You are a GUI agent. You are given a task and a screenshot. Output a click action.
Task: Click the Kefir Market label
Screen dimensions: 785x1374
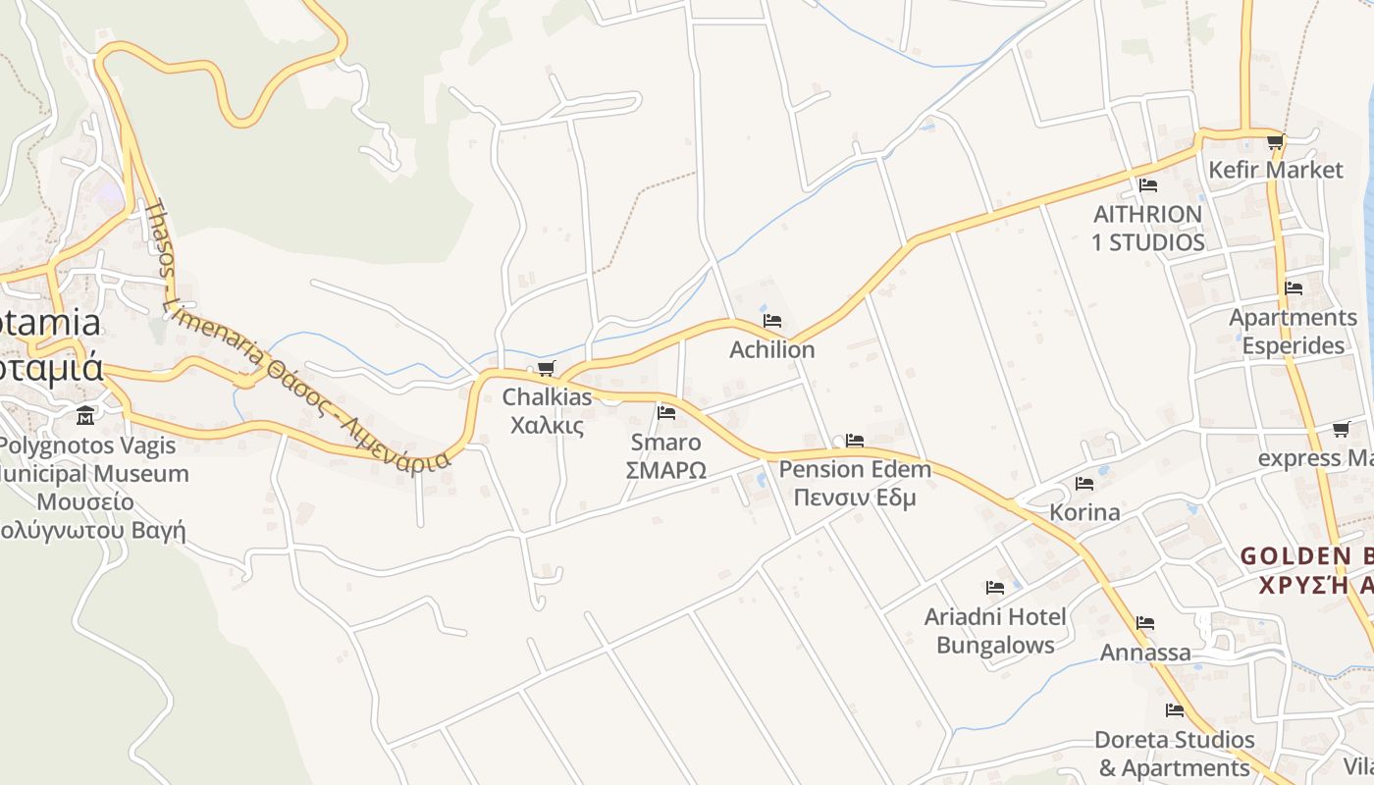1275,170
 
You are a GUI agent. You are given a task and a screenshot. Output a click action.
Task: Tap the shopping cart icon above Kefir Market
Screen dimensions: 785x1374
1275,142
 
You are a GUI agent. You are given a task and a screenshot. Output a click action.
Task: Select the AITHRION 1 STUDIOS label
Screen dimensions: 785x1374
1147,228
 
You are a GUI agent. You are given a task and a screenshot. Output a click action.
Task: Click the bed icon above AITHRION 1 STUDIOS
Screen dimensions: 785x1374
1147,184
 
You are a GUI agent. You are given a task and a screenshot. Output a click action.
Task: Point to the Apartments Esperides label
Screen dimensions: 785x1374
1293,332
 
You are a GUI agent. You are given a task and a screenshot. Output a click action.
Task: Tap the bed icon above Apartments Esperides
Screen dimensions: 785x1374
1294,288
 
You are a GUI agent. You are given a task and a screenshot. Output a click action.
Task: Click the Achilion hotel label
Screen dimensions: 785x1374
771,349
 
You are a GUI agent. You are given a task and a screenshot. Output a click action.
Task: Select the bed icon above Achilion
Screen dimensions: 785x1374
772,321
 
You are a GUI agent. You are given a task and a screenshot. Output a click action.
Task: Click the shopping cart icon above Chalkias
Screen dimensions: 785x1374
546,369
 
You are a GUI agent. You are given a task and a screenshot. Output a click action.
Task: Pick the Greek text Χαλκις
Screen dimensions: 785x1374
548,426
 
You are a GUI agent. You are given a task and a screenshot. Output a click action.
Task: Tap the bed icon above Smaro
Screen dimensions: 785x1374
666,412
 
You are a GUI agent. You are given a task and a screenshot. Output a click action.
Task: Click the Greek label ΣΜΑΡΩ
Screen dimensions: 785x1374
665,470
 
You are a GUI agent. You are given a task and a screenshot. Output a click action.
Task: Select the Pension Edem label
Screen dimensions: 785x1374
855,469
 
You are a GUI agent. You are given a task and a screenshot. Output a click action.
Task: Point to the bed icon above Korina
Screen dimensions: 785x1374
1084,484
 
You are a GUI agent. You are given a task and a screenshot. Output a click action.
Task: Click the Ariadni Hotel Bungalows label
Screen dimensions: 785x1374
995,631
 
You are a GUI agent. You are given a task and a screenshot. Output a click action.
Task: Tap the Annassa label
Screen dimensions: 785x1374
1145,653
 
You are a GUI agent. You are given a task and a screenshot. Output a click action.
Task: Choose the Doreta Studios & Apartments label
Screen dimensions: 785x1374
1174,754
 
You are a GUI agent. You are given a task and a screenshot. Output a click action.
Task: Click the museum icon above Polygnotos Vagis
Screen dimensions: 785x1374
85,416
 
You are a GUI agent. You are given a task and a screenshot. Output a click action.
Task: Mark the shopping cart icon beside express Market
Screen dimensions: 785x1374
1341,430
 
